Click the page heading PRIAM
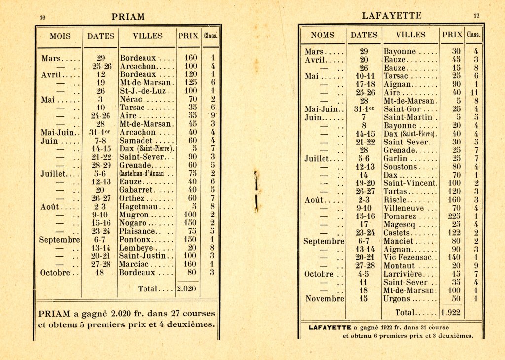click(128, 17)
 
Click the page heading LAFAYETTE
click(392, 16)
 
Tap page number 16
click(43, 18)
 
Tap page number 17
click(476, 16)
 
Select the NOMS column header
click(323, 35)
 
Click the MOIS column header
click(60, 36)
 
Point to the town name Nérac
click(132, 99)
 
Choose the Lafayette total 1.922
click(450, 312)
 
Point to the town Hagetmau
click(139, 207)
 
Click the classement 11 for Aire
click(476, 92)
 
